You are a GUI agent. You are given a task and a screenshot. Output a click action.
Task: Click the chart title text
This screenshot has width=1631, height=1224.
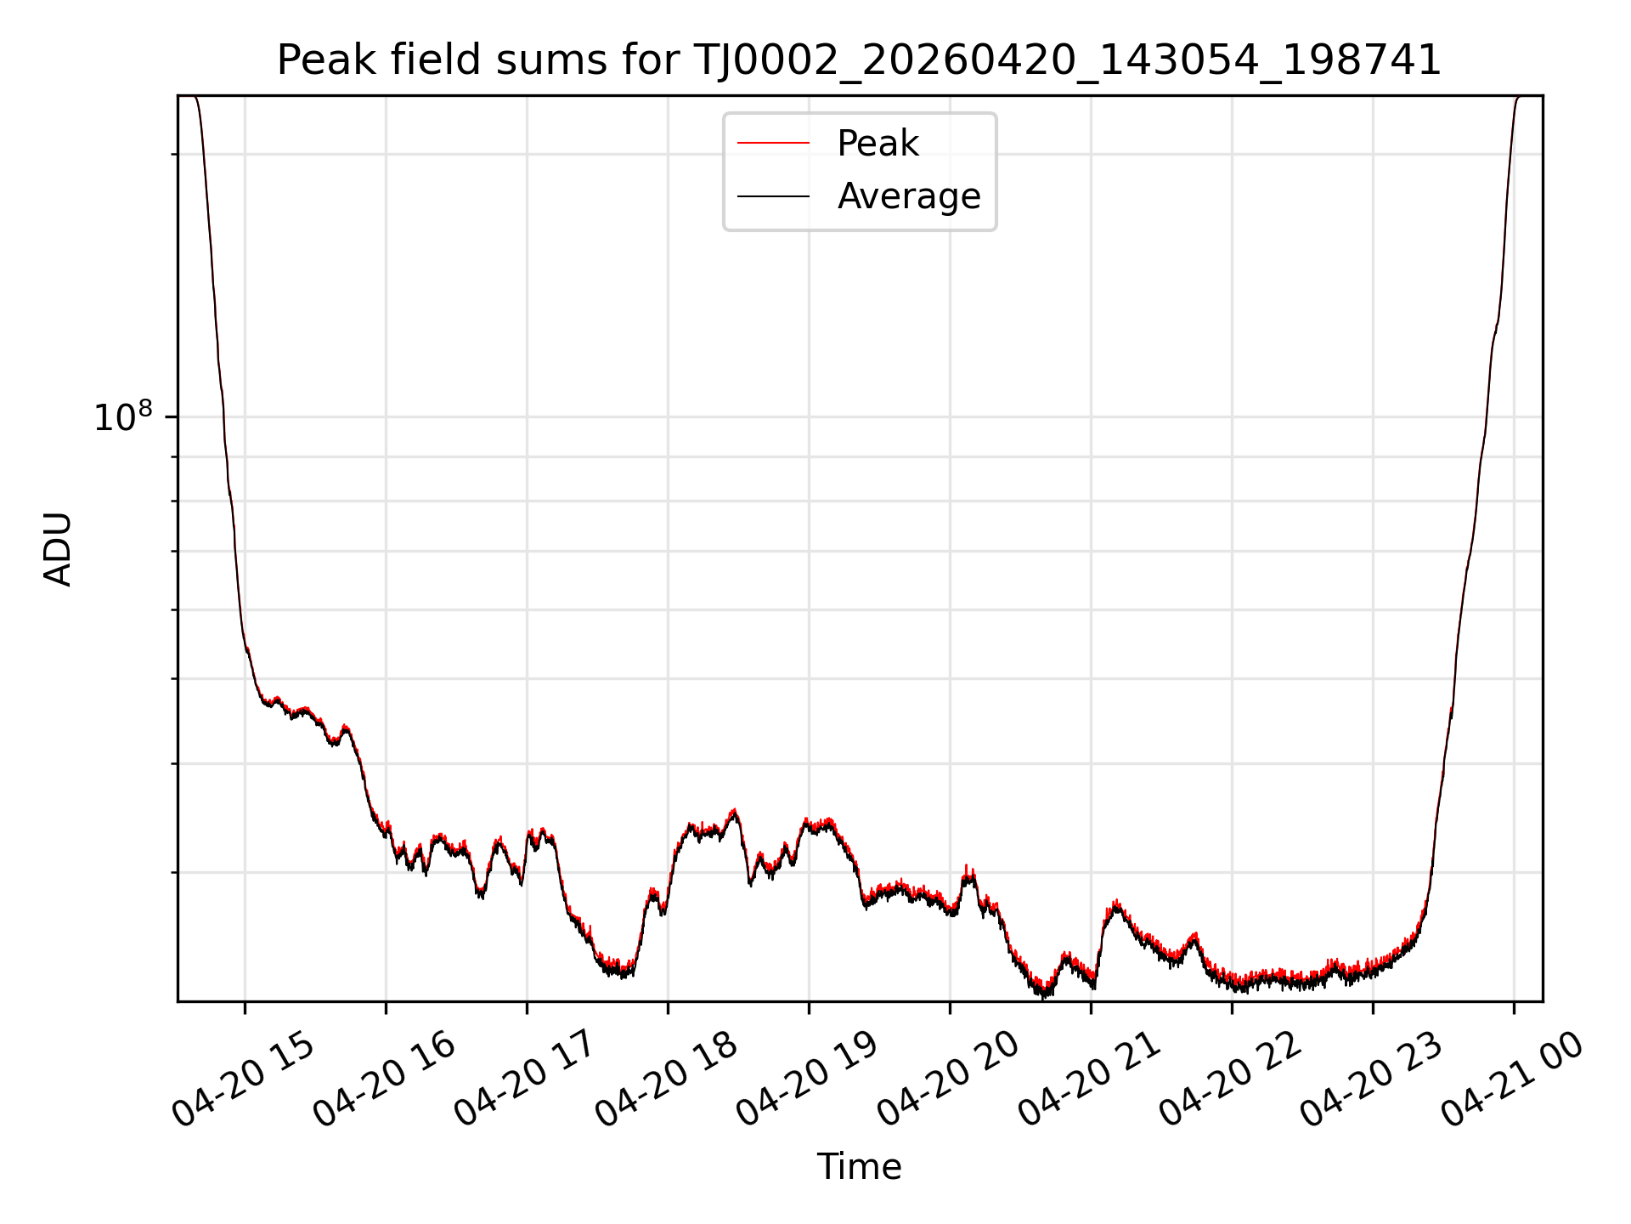859,60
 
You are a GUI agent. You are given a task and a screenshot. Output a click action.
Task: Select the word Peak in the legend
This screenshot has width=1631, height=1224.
878,144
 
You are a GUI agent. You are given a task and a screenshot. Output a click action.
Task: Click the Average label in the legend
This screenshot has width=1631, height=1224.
909,196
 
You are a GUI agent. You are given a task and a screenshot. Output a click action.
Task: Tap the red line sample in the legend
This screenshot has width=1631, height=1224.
773,144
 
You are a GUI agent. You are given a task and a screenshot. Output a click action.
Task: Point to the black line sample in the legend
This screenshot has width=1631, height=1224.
773,196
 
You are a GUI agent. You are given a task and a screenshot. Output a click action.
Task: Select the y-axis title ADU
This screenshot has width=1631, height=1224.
58,549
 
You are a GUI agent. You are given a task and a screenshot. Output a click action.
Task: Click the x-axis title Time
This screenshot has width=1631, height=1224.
859,1167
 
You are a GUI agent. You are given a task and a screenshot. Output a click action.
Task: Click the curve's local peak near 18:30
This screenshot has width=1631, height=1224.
734,811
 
